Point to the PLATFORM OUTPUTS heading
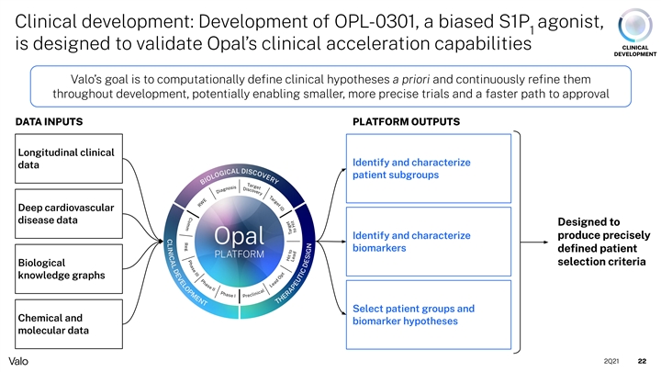(407, 120)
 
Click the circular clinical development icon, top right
(636, 23)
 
